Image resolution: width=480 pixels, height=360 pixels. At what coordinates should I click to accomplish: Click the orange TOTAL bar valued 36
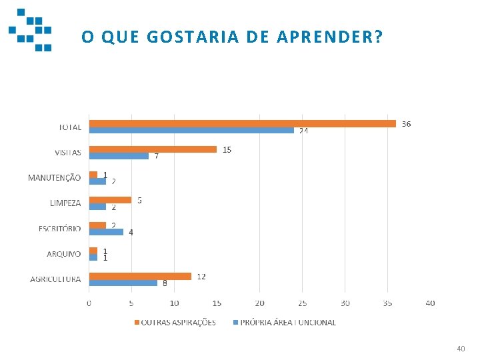(x=242, y=123)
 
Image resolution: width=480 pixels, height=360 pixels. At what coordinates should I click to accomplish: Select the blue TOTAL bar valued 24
(x=191, y=130)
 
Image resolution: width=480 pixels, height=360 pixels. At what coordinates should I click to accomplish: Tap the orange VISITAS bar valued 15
(x=153, y=149)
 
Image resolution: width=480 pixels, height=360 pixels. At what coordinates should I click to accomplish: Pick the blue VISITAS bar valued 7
(x=119, y=156)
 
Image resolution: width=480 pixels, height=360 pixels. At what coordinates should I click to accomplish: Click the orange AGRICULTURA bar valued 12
(x=140, y=276)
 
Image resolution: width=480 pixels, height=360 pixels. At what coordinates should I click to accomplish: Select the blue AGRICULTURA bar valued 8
(x=123, y=283)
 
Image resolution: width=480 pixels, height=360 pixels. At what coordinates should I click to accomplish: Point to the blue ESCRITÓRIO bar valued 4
(x=106, y=232)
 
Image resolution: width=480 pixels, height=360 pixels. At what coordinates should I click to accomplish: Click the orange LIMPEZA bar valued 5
(x=110, y=200)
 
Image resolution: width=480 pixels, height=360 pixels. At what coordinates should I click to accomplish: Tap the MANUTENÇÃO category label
(x=54, y=178)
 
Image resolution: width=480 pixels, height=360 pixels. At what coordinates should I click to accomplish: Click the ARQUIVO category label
(x=63, y=254)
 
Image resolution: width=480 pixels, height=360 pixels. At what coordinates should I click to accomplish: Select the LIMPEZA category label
(x=65, y=203)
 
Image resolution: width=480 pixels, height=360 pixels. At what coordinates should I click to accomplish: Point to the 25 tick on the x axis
(x=302, y=303)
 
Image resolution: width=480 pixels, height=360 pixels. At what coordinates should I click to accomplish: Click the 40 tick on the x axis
(x=430, y=303)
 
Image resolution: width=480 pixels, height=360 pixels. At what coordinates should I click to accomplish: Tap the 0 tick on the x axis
(x=89, y=303)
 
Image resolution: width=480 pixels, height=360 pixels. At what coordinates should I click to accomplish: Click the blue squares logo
(x=31, y=30)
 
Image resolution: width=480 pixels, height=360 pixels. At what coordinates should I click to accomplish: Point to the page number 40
(x=461, y=349)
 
